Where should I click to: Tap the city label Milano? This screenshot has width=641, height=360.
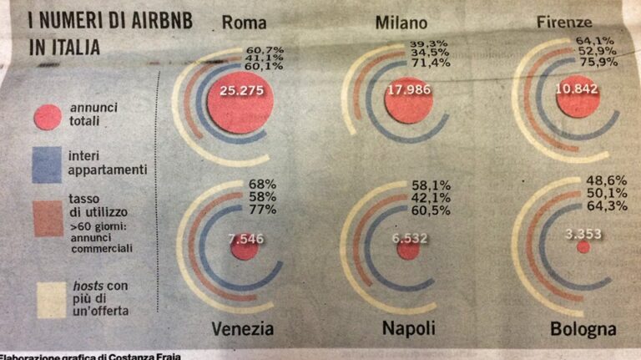[401, 23]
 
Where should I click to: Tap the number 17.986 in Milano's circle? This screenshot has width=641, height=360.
[408, 91]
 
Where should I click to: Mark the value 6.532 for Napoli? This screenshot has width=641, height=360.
[410, 239]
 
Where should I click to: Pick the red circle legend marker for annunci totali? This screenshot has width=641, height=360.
[48, 116]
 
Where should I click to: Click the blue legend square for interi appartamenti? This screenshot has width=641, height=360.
[48, 164]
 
